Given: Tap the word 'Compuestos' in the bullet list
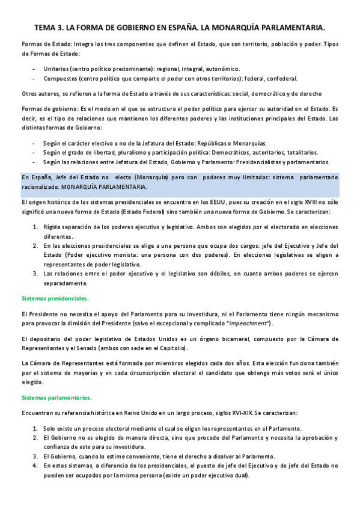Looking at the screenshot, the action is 61,78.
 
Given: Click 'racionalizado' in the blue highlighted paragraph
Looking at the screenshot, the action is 41,188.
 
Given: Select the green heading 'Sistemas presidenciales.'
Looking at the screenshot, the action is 55,298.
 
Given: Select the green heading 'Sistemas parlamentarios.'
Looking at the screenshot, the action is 56,398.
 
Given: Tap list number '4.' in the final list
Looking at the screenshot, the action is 35,465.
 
